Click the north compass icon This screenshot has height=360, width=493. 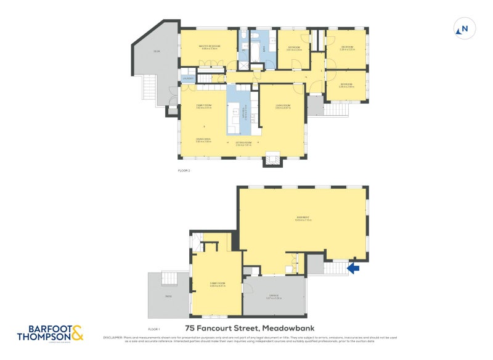tap(464, 28)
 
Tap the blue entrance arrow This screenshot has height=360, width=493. tap(354, 268)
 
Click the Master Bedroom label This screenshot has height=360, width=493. tap(208, 47)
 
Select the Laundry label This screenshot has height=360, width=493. tap(188, 78)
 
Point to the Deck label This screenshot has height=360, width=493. tap(157, 51)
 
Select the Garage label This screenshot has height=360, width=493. tap(273, 296)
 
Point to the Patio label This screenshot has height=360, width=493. tap(168, 297)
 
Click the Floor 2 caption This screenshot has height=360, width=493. tap(184, 171)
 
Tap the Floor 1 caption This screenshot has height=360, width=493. tap(154, 330)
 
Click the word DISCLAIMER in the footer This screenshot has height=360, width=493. tap(113, 337)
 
